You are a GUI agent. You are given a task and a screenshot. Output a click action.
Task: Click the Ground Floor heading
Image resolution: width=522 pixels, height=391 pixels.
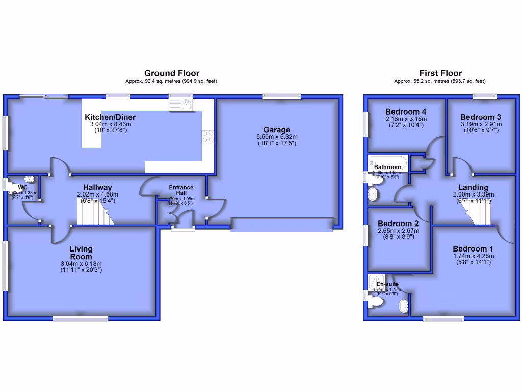(x=172, y=73)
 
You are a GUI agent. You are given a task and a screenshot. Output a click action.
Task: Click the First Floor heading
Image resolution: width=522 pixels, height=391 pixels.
(x=440, y=73)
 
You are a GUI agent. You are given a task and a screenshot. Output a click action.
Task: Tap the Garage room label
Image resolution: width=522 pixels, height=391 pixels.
(x=277, y=130)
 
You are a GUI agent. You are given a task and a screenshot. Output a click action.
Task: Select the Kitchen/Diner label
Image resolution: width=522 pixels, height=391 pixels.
(x=110, y=117)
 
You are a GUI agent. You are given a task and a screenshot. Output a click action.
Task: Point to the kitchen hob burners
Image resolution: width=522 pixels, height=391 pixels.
(x=208, y=136)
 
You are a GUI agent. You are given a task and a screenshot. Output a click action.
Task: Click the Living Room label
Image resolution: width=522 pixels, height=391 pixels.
(x=81, y=253)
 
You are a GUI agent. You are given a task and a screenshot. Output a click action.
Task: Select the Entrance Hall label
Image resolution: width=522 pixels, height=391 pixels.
(x=181, y=190)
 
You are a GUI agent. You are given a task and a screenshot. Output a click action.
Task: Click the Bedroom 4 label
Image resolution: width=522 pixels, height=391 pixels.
(x=406, y=112)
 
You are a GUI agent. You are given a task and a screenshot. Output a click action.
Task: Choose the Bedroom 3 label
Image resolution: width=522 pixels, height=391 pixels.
(x=477, y=117)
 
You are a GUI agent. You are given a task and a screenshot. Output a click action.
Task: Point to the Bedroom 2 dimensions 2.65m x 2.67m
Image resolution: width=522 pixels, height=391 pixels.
(x=399, y=231)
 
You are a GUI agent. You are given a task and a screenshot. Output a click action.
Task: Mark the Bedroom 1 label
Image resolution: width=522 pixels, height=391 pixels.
(x=474, y=249)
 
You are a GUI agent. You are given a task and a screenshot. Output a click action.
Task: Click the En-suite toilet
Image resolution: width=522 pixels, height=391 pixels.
(x=376, y=302)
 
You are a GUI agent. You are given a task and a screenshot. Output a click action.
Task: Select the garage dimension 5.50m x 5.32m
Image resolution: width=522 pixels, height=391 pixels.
(x=277, y=137)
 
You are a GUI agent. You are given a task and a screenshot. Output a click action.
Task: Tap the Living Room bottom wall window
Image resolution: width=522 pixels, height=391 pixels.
(x=72, y=319)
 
